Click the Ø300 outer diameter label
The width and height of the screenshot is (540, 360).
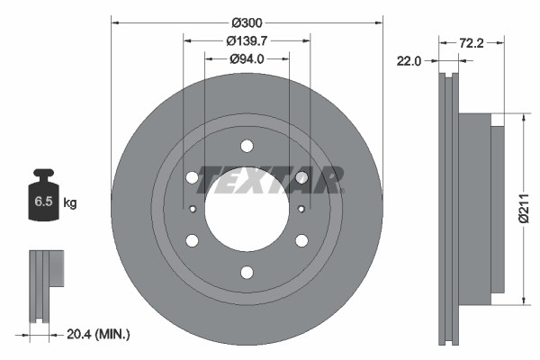point(247,21)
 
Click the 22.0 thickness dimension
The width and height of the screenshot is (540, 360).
point(409,60)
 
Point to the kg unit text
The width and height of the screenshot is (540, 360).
point(70,203)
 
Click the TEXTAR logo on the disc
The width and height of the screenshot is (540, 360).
point(271,179)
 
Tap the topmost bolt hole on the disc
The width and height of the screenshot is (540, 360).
point(247,146)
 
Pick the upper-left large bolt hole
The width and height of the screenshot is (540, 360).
point(192,177)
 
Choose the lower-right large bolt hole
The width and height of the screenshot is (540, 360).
point(301,240)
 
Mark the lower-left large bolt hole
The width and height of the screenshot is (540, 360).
point(192,240)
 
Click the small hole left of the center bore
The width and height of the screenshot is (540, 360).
point(193,209)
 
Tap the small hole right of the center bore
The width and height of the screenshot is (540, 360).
point(300,209)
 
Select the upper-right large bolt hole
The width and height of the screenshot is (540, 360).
point(301,177)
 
